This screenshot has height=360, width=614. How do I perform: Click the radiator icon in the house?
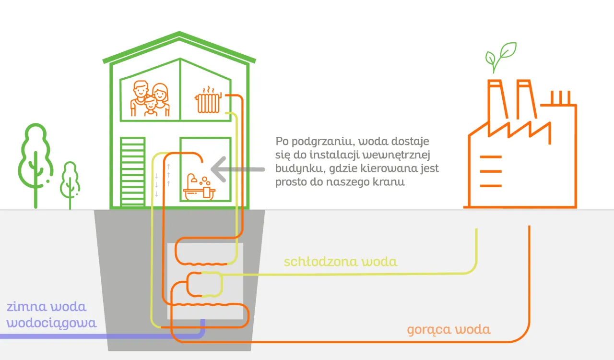coord(207,101)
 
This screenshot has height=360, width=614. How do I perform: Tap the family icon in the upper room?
coord(150,99)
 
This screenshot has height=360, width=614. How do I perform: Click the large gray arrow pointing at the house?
coord(237,169)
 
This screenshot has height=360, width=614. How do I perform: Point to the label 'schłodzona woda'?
coord(341,262)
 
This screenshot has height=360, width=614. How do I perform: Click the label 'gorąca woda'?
coord(449,330)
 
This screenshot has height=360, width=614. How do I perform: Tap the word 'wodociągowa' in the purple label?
coord(52,323)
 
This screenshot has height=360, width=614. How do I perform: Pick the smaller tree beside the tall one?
coord(70,183)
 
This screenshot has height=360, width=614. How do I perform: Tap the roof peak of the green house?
coord(179,35)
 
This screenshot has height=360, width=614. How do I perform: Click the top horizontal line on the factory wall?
coord(490,157)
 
